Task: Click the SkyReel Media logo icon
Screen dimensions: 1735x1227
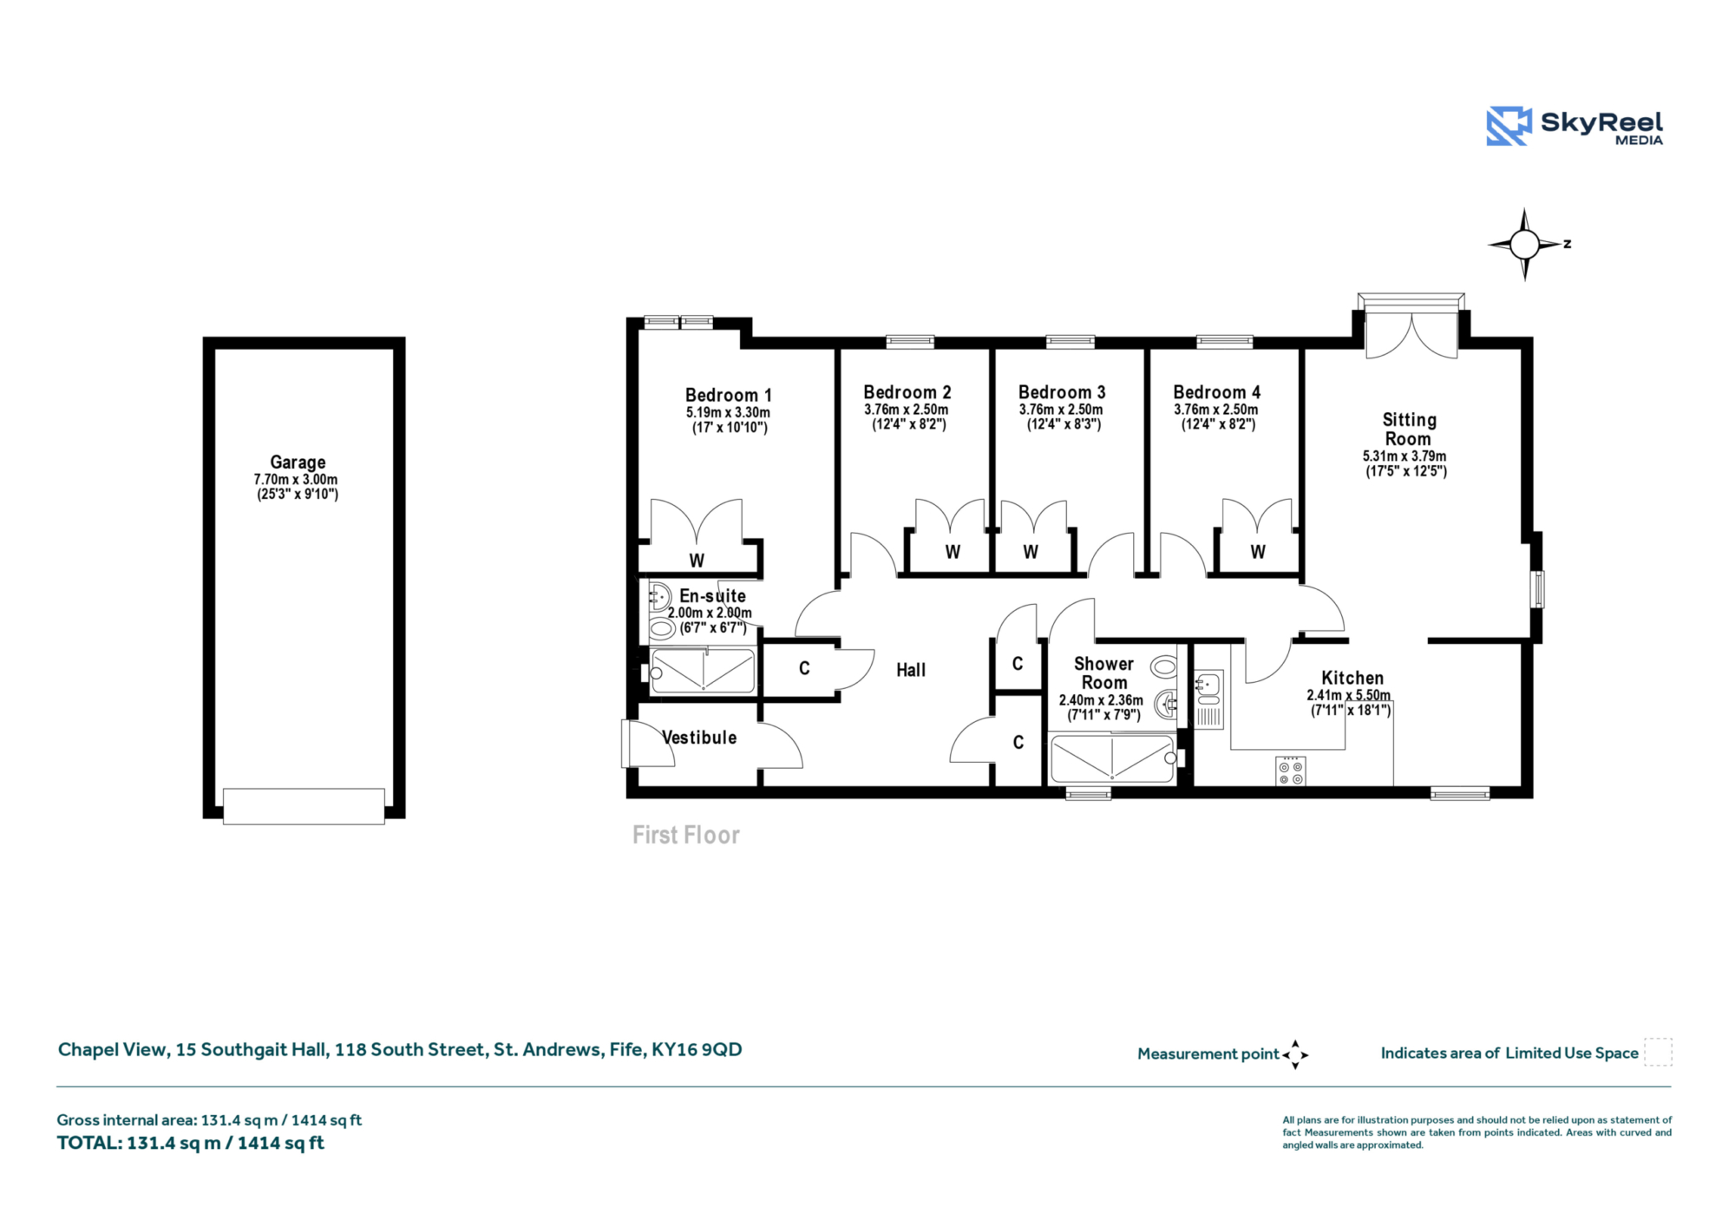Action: [1509, 126]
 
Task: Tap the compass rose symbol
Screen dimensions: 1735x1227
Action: [1524, 245]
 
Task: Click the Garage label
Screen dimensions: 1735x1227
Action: [298, 462]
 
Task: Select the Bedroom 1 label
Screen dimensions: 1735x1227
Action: [728, 395]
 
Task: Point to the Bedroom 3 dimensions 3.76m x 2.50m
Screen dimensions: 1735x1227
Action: [1061, 410]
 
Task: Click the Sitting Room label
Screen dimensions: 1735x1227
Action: [1409, 430]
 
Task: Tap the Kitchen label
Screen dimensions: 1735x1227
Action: [1352, 678]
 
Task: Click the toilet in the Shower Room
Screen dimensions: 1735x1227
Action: [1163, 667]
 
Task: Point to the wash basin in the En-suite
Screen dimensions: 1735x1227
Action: [660, 596]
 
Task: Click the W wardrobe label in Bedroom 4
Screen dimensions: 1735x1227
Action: [1258, 552]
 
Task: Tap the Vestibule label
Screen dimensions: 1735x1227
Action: [699, 738]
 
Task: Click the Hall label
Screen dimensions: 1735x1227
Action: [911, 670]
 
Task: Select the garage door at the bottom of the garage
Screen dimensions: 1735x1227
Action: [304, 806]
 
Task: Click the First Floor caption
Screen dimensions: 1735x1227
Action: [686, 835]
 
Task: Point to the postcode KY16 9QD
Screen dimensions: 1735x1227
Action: [697, 1049]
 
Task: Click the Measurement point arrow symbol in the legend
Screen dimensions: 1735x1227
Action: [1295, 1054]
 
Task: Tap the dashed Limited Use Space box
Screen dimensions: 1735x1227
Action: [1658, 1052]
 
